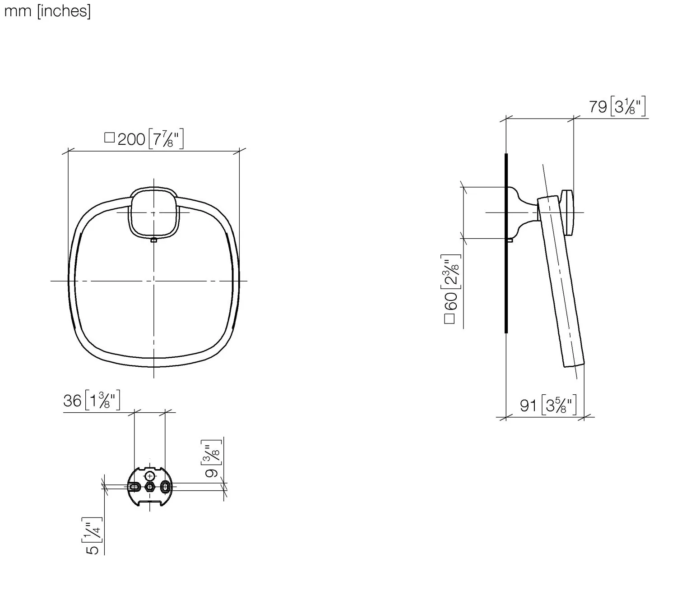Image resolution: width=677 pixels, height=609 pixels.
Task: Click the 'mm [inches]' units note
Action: point(47,11)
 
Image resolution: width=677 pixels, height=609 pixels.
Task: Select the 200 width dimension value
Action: point(131,139)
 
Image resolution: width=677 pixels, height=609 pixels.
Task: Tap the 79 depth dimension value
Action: point(598,107)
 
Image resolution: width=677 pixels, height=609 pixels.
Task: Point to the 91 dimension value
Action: point(528,406)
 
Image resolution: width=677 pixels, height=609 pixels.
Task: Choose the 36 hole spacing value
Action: point(72,401)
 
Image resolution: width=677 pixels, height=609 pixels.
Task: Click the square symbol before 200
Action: point(109,138)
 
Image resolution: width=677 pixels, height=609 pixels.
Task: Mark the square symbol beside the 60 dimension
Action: point(450,319)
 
